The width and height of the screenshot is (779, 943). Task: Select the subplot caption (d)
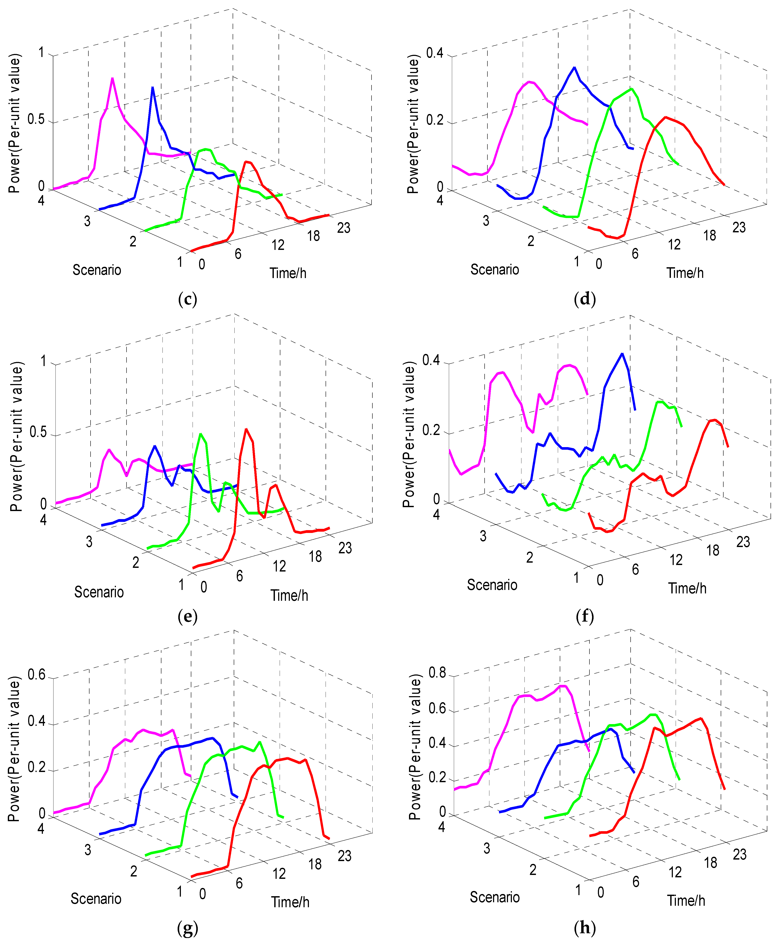click(585, 299)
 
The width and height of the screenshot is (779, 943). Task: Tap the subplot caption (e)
click(188, 616)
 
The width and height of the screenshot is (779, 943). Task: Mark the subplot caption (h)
click(585, 927)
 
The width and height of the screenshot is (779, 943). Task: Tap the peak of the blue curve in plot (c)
click(153, 88)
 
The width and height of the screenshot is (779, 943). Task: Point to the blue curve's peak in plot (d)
click(574, 68)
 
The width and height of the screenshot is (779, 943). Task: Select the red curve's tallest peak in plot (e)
click(246, 430)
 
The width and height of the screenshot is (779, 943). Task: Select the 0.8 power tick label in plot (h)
click(437, 673)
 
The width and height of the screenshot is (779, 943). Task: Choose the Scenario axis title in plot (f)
click(492, 585)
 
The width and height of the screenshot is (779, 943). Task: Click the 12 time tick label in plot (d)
click(674, 245)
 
